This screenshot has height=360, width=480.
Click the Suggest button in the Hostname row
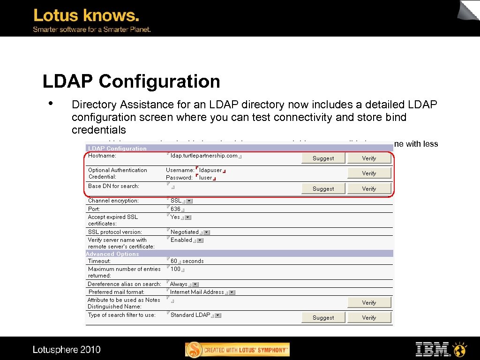pos(323,158)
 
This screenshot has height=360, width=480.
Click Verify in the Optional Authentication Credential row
pos(369,173)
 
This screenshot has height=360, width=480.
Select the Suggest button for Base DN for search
pos(323,189)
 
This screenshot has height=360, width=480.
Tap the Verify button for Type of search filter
pos(369,318)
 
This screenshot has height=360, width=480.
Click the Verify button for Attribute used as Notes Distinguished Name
pos(369,303)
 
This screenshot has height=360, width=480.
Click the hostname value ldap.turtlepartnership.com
pos(204,156)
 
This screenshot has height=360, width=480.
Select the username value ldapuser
pos(210,170)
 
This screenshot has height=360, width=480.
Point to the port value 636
pos(175,209)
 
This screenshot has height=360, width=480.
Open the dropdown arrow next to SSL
pos(189,201)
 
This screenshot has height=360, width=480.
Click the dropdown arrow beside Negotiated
pos(207,232)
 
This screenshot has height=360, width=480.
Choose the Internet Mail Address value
pos(197,292)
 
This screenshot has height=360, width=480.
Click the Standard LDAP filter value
pos(190,315)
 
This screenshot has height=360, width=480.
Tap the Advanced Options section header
pos(112,254)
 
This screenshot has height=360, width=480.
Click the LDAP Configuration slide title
pos(131,82)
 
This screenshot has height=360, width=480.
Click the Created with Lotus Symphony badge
pos(238,350)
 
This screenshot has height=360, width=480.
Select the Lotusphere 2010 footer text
pos(67,350)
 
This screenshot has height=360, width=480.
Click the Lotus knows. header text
pos(86,15)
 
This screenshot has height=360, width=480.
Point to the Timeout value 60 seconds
pos(187,261)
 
